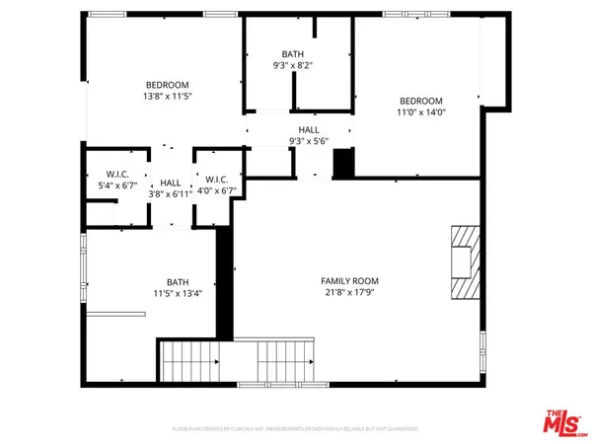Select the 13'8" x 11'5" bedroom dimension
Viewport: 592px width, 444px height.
[168, 98]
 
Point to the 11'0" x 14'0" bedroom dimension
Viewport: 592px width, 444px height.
[421, 112]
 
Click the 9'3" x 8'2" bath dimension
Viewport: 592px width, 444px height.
[294, 67]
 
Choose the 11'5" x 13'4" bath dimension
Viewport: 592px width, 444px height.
[178, 293]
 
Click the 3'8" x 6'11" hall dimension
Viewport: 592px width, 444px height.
[171, 195]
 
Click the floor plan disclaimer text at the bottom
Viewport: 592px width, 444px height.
[296, 429]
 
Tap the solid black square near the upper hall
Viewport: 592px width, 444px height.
[343, 164]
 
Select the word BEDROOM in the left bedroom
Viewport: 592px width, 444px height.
[168, 85]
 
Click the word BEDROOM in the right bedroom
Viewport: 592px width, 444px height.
[421, 101]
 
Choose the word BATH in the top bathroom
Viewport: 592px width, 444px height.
[294, 55]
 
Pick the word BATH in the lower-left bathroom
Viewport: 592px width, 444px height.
[178, 281]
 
